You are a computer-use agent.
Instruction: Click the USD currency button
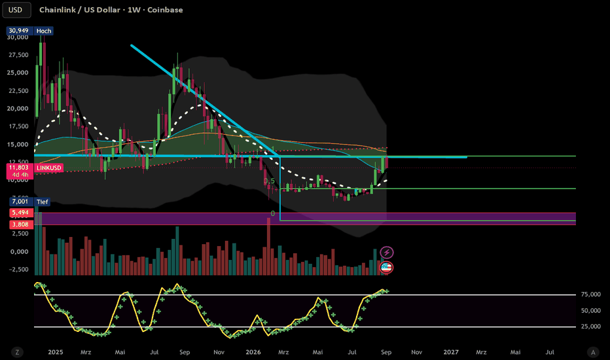[16, 10]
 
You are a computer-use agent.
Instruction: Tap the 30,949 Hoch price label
[30, 31]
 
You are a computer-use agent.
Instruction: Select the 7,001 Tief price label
[29, 202]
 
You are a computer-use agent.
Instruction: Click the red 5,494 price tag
[20, 213]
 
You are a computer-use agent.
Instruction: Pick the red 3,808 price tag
[20, 224]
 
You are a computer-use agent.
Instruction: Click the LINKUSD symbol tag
[49, 168]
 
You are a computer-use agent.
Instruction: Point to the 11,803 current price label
[19, 168]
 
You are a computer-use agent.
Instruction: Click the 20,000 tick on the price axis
[18, 109]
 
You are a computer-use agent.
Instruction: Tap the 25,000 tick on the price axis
[18, 73]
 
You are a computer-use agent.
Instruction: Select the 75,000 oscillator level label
[591, 295]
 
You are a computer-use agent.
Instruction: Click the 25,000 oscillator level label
[591, 327]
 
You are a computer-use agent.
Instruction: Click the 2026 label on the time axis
[253, 352]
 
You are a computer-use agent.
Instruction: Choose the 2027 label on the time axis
[451, 352]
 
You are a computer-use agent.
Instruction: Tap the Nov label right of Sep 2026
[417, 352]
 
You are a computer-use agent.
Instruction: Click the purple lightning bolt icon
[387, 253]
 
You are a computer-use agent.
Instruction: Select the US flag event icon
[386, 267]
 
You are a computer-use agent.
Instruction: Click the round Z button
[17, 352]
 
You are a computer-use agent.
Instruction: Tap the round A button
[593, 352]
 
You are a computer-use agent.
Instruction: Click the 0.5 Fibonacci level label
[269, 181]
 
